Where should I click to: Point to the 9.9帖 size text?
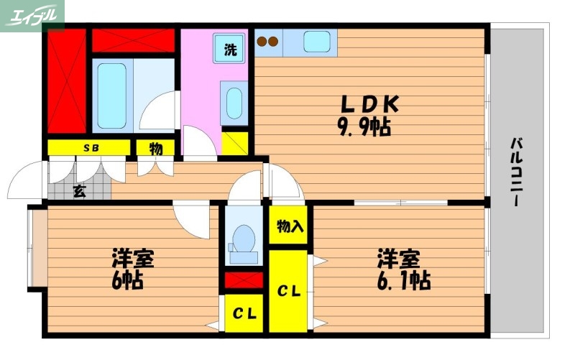364,128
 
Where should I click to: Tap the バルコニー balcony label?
516,172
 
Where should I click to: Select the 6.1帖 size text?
402,280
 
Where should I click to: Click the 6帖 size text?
127,280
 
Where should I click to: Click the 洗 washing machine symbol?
229,50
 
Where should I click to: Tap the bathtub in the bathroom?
111,96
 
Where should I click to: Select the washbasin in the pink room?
234,102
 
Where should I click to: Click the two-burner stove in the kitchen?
268,41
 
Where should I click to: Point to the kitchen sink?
316,41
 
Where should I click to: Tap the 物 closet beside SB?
155,148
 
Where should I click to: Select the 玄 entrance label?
79,192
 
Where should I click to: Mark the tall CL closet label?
289,291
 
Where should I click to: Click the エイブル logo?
32,14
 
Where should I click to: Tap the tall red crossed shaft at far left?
66,81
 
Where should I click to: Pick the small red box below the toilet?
244,280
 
